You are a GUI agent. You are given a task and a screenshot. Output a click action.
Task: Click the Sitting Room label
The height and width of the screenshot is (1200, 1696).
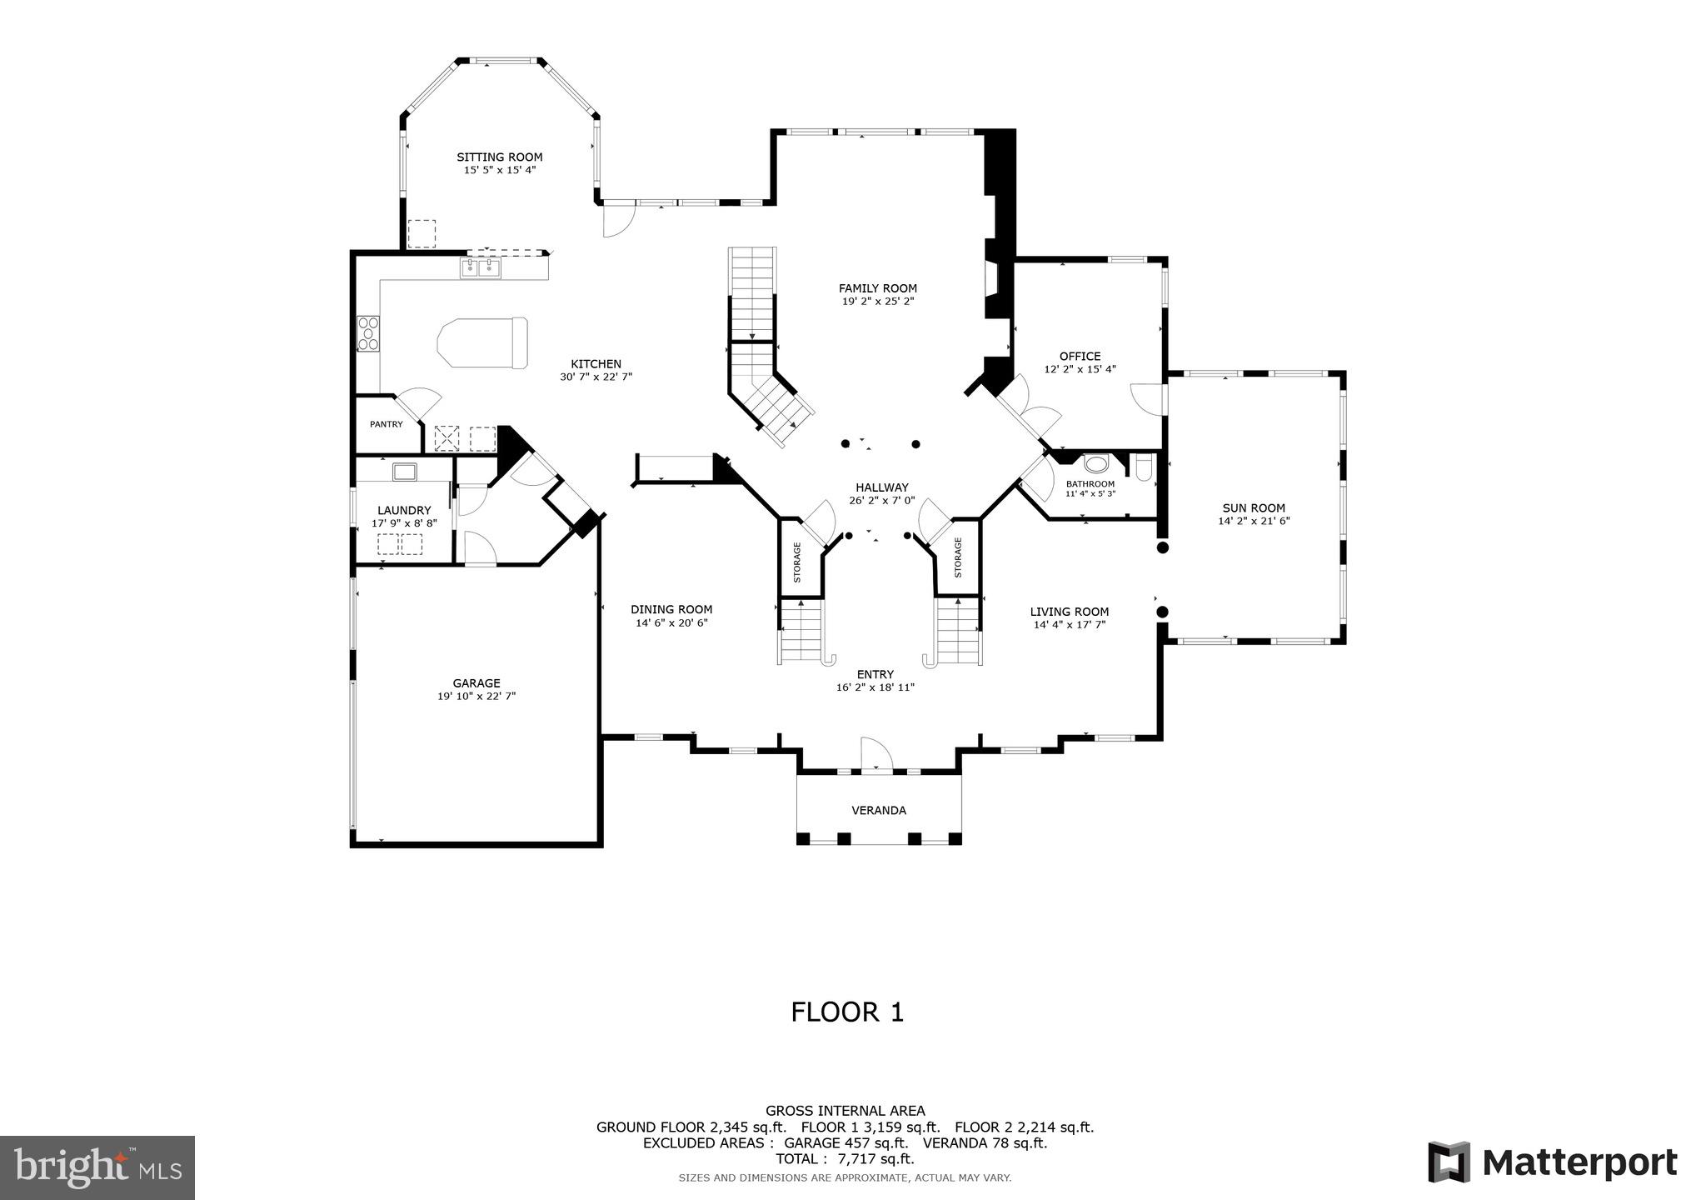[499, 157]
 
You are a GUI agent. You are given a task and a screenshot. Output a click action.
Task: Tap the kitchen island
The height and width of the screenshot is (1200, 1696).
[483, 342]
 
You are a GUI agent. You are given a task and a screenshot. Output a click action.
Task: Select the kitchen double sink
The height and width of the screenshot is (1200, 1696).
[481, 268]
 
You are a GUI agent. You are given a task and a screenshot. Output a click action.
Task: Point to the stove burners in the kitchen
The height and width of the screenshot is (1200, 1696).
[368, 333]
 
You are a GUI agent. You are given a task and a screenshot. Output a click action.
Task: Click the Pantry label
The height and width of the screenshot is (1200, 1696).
[387, 424]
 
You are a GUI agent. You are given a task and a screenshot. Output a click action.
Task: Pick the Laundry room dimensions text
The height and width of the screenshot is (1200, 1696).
[404, 524]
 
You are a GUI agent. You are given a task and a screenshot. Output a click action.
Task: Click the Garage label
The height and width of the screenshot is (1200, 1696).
[476, 682]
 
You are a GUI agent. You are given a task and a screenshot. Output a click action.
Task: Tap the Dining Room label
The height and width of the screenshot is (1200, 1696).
[671, 609]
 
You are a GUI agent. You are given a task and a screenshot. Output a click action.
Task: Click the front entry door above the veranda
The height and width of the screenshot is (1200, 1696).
[876, 754]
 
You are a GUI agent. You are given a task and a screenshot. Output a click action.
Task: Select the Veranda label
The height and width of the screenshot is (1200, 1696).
[879, 810]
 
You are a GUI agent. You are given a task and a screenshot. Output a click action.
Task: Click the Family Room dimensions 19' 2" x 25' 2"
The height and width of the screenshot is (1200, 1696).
[878, 302]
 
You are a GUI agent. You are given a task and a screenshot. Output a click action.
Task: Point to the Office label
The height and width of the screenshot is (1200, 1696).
[1080, 356]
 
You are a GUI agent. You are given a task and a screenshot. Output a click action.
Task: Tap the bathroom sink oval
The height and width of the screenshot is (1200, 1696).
[1097, 464]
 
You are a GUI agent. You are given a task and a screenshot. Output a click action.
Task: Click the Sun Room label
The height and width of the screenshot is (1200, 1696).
[1254, 507]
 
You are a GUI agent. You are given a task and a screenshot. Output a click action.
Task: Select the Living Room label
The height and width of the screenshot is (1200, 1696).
[1070, 611]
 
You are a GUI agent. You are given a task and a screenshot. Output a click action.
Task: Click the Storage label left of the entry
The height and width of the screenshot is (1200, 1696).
[797, 562]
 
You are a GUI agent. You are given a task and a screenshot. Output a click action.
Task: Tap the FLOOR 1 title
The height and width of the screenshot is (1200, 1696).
[847, 1012]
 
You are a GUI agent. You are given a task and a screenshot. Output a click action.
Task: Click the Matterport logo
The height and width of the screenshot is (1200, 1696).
[1552, 1162]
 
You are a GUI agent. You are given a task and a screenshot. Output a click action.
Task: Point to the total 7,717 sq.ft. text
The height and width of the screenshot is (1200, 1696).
[845, 1158]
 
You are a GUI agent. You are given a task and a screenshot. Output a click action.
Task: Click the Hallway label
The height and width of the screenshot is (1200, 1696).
[882, 487]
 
